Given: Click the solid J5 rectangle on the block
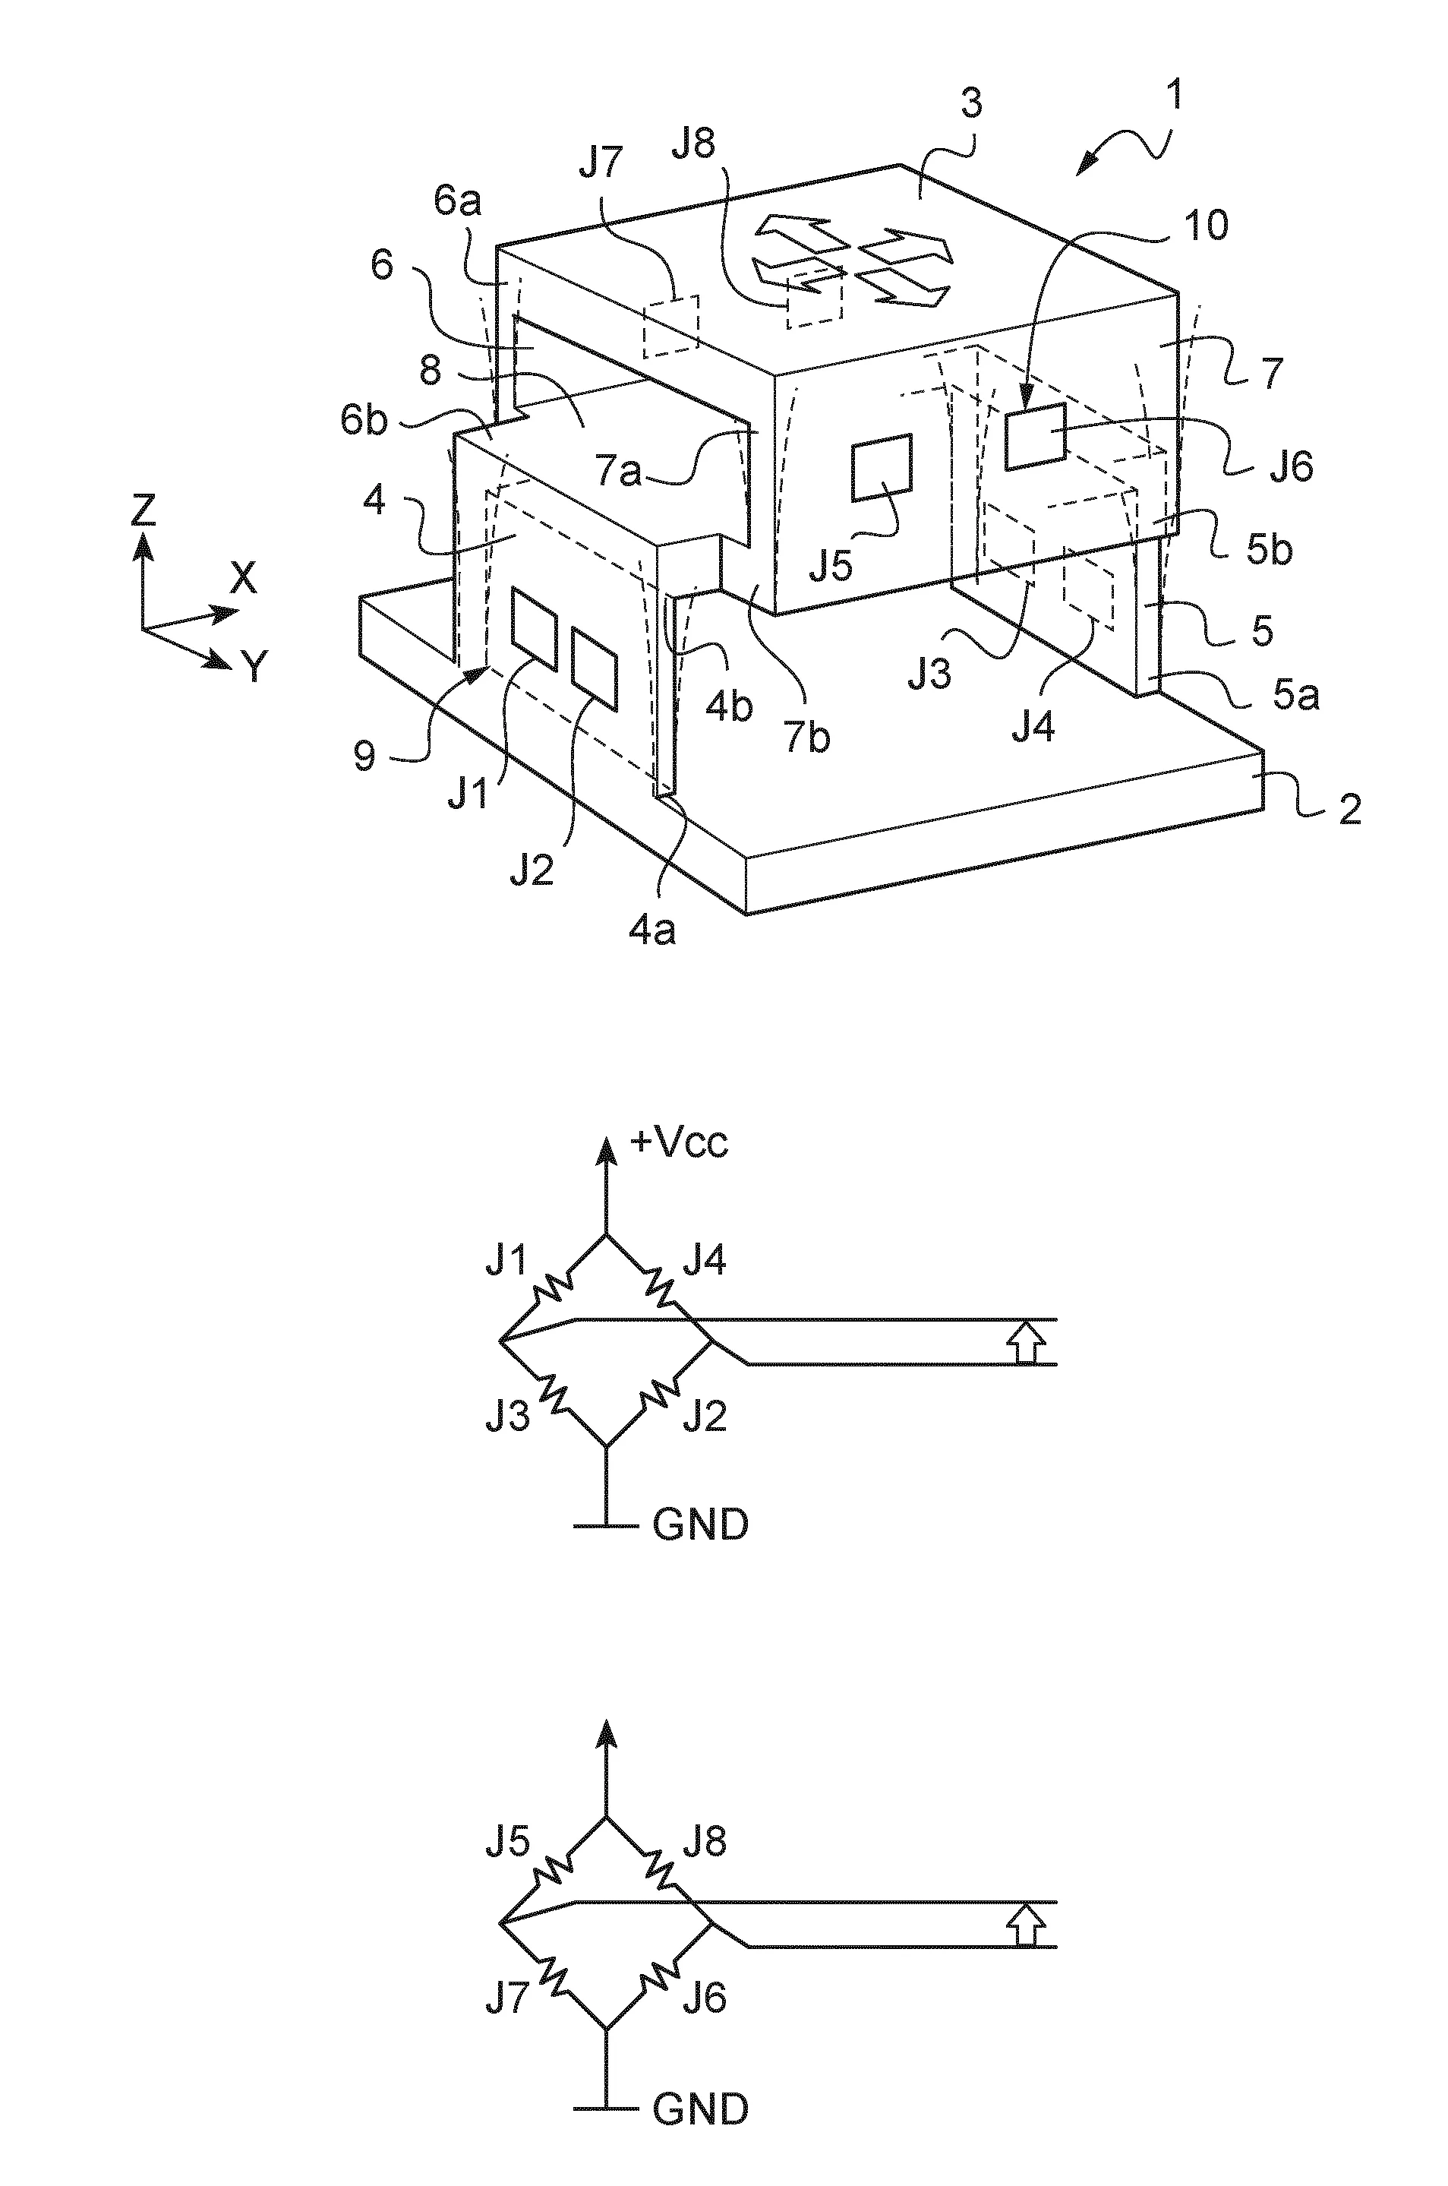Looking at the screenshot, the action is tap(881, 467).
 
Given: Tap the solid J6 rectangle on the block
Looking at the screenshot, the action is tap(1035, 436).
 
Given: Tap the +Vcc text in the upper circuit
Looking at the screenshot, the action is tap(679, 1143).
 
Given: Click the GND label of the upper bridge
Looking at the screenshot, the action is tap(700, 1524).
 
